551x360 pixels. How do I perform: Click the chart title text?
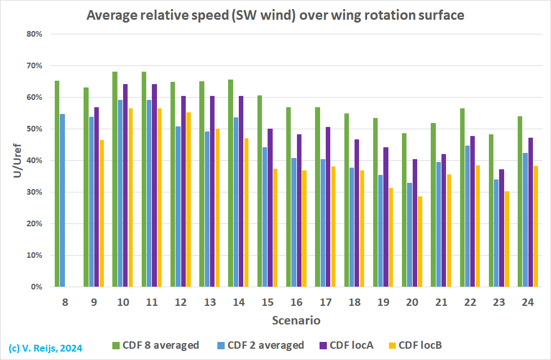(275, 15)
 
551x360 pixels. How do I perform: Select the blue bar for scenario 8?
(63, 200)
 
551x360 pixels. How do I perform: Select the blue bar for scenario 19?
(381, 231)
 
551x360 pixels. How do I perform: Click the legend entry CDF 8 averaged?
(156, 345)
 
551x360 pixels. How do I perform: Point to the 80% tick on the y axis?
(35, 34)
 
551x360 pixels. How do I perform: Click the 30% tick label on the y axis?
(35, 192)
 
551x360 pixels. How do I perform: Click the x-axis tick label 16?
(296, 303)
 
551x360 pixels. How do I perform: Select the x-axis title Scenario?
(296, 321)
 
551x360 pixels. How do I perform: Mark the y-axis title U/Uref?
(16, 160)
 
